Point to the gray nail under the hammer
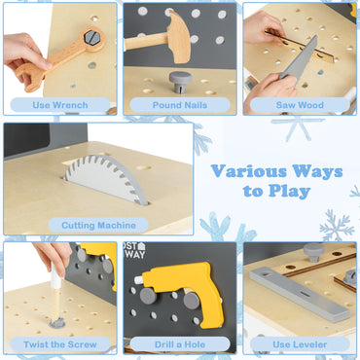point(180,78)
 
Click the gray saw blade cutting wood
point(298,60)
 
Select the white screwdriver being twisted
point(53,291)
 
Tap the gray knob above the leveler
point(314,252)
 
